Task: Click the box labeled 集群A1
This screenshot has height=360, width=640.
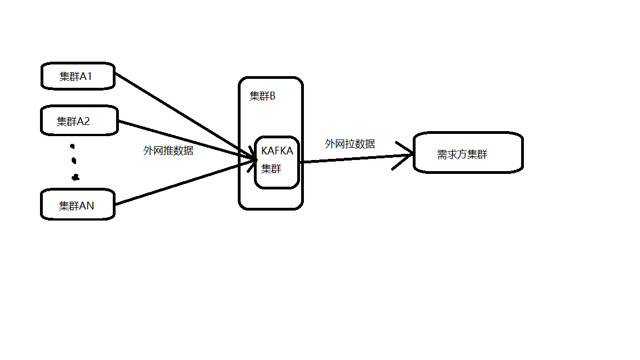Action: pyautogui.click(x=78, y=76)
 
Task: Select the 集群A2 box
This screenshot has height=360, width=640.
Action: pyautogui.click(x=79, y=120)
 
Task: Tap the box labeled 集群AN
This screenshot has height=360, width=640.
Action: pyautogui.click(x=78, y=205)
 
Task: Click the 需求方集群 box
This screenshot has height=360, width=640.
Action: pyautogui.click(x=468, y=153)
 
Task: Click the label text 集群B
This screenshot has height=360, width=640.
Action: pyautogui.click(x=262, y=96)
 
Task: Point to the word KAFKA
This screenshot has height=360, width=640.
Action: pyautogui.click(x=277, y=151)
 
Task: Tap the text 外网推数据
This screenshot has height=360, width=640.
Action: pyautogui.click(x=168, y=150)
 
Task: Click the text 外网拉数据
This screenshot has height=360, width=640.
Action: pyautogui.click(x=350, y=144)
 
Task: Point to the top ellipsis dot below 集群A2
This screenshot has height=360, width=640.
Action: pyautogui.click(x=72, y=147)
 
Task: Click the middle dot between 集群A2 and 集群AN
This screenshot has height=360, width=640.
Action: pyautogui.click(x=74, y=161)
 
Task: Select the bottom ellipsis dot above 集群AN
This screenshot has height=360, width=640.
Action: pyautogui.click(x=76, y=178)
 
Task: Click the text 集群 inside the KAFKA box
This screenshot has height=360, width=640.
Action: pyautogui.click(x=271, y=168)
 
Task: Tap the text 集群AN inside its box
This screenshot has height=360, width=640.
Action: pyautogui.click(x=77, y=206)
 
